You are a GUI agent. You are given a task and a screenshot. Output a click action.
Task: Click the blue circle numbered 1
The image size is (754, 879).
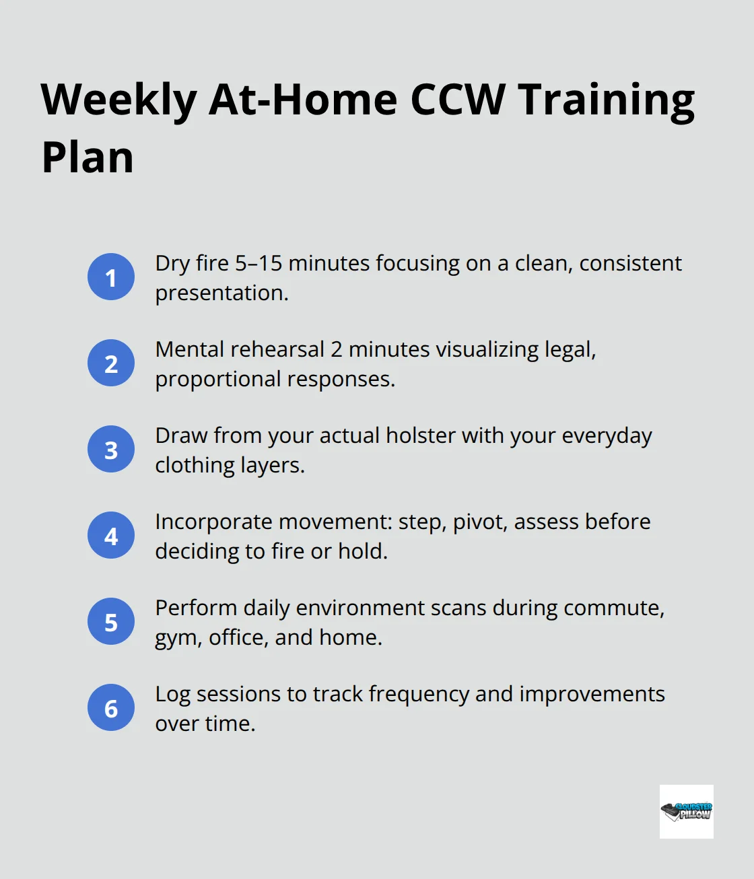pyautogui.click(x=111, y=277)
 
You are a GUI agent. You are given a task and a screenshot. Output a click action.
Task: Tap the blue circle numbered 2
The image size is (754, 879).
pyautogui.click(x=111, y=363)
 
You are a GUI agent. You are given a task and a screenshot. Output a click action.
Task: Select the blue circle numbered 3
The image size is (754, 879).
pyautogui.click(x=111, y=449)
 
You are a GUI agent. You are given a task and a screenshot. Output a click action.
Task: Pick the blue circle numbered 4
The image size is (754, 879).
pyautogui.click(x=111, y=535)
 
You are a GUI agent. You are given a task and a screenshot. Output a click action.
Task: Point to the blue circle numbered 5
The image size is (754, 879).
pyautogui.click(x=111, y=621)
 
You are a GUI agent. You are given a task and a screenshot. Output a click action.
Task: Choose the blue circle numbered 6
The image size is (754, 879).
pyautogui.click(x=111, y=707)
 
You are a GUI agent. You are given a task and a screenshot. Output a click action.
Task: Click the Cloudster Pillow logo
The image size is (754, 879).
pyautogui.click(x=686, y=811)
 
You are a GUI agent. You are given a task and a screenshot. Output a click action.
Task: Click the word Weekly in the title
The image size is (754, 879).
pyautogui.click(x=118, y=100)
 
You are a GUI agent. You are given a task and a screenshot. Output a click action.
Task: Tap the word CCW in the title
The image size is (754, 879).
pyautogui.click(x=457, y=100)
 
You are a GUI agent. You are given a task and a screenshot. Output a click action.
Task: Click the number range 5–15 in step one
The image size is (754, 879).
pyautogui.click(x=259, y=263)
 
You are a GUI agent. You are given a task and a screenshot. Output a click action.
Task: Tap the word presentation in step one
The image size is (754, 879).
pyautogui.click(x=221, y=293)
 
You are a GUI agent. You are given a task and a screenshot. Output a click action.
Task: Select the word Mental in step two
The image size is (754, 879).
pyautogui.click(x=190, y=349)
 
